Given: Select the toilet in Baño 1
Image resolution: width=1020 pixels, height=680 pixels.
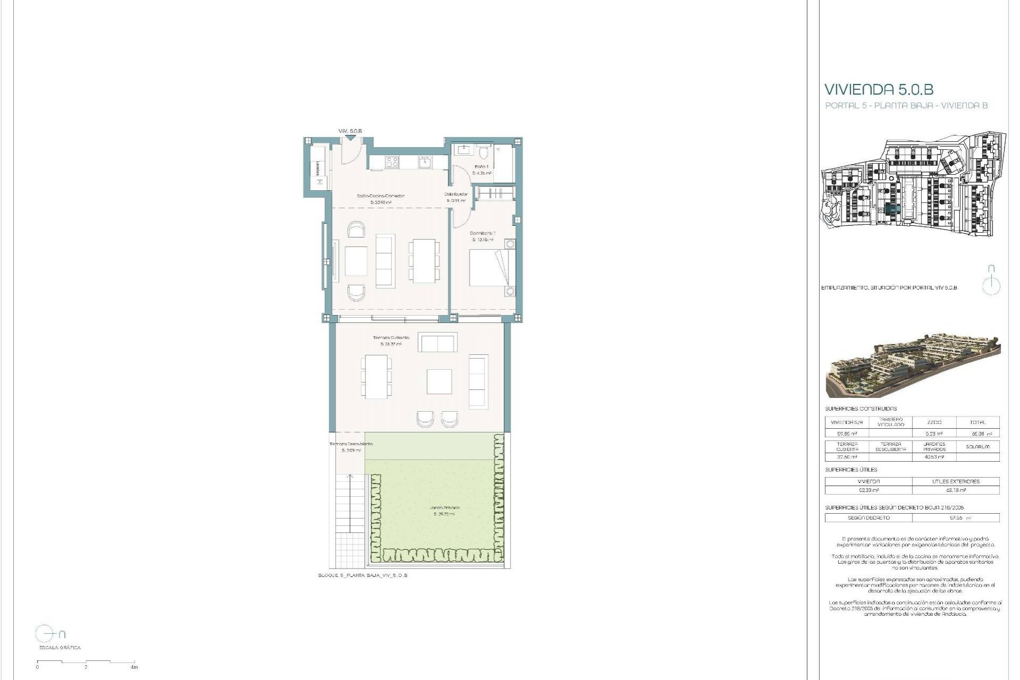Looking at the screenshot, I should (482, 154).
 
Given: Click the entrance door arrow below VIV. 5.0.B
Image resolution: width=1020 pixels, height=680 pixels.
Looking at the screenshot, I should (350, 138).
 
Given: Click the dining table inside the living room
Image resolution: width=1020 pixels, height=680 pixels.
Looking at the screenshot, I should (424, 261).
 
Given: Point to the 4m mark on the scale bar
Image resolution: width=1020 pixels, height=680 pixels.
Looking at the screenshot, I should (134, 667).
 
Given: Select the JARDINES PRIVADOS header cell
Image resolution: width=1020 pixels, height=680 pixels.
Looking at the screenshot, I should (934, 446).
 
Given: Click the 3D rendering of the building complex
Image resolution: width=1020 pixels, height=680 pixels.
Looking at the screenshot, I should (913, 365).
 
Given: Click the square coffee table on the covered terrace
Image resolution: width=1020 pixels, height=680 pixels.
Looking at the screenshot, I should (439, 381).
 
